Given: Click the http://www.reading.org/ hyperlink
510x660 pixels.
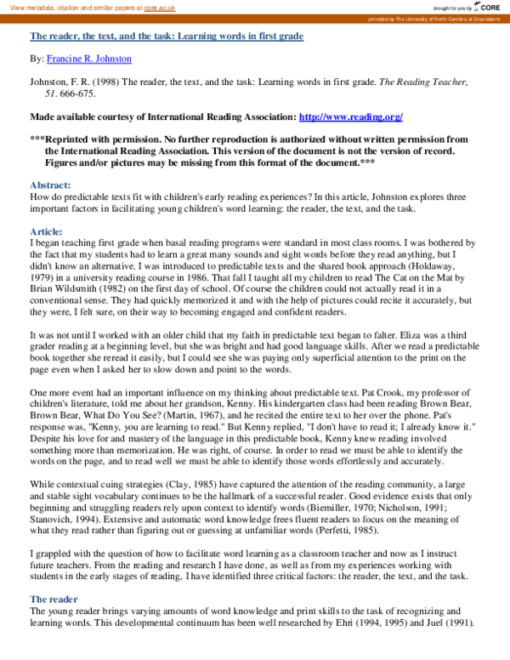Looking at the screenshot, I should click(x=350, y=117).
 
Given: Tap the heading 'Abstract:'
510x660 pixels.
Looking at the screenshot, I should click(x=50, y=185).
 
